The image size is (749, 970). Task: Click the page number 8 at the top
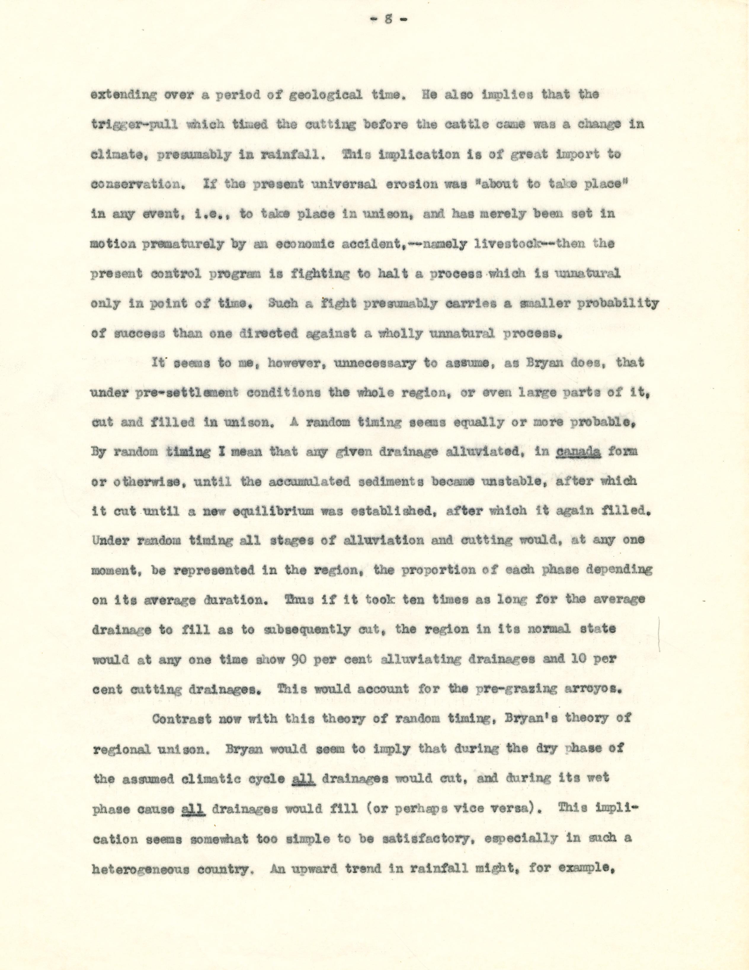[x=388, y=20]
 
